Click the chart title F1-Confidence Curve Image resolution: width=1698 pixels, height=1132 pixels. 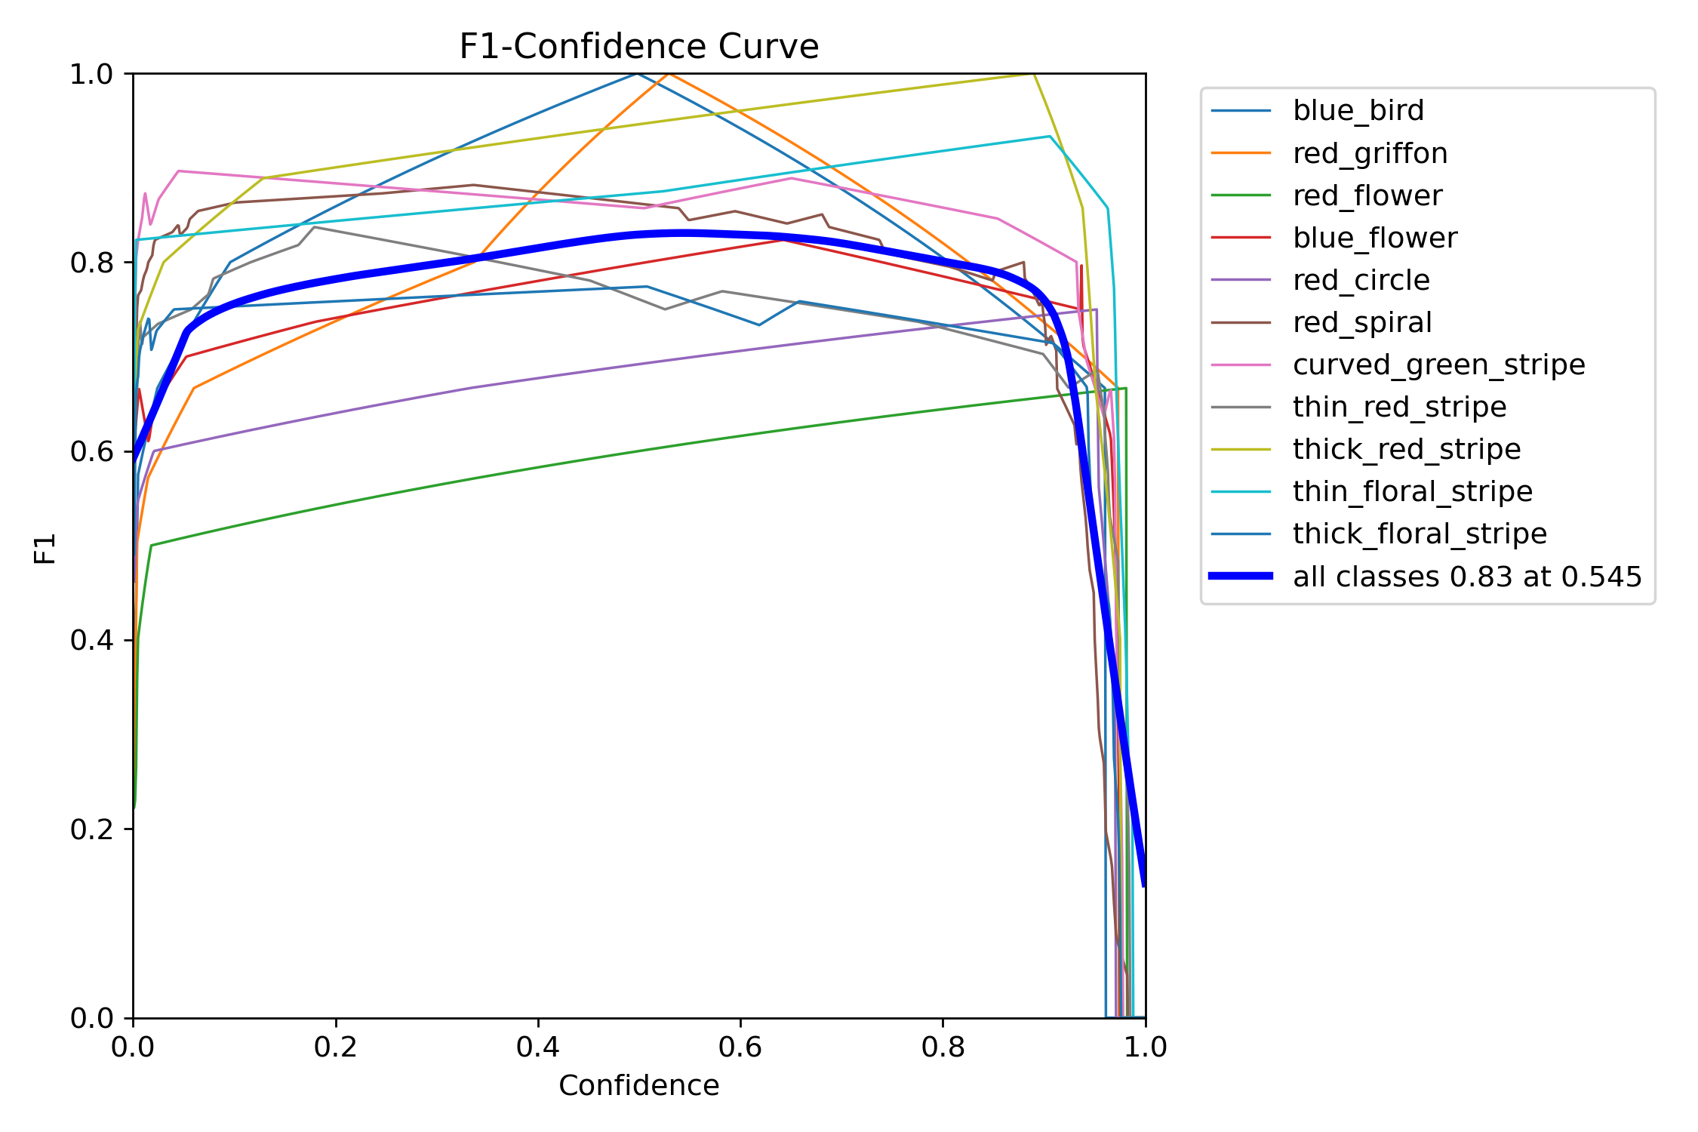pos(638,47)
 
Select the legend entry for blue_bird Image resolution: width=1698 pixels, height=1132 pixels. pos(1358,111)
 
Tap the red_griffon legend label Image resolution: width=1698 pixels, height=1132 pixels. pos(1370,153)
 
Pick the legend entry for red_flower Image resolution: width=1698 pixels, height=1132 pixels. pos(1367,195)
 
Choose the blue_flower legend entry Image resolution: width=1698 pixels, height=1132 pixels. pos(1374,238)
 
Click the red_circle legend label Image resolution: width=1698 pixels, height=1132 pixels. pos(1361,280)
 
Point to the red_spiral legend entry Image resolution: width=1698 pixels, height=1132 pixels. pos(1361,322)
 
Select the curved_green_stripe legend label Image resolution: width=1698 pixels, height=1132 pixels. pos(1438,365)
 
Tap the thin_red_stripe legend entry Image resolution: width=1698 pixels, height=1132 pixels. pos(1399,407)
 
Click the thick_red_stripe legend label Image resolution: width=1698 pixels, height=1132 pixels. pos(1406,449)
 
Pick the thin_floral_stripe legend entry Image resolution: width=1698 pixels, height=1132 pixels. pos(1412,491)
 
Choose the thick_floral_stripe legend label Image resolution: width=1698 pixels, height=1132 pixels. pos(1420,534)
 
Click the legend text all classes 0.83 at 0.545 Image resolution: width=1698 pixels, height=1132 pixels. pos(1467,577)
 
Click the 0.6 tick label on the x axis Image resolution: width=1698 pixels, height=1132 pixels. pos(740,1047)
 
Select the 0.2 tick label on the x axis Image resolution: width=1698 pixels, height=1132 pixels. pos(336,1047)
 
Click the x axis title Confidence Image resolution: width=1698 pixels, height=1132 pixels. pos(638,1085)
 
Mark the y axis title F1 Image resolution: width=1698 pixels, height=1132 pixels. pos(45,548)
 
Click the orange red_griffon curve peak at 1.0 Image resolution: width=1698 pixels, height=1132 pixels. pos(669,74)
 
